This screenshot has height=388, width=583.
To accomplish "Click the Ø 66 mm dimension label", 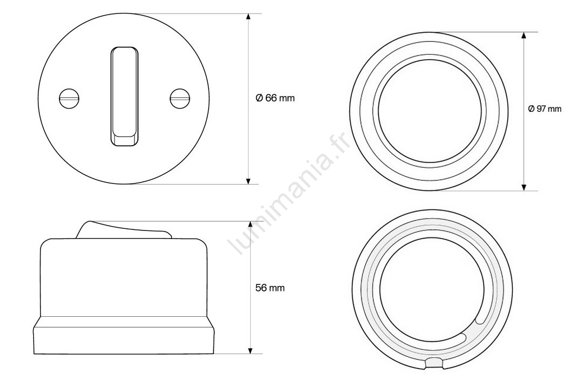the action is click(x=275, y=98).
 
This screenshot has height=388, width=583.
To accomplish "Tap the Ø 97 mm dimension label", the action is click(x=545, y=109).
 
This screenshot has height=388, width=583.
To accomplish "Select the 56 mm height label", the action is click(x=270, y=288).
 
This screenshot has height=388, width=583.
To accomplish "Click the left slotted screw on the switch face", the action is click(x=70, y=98).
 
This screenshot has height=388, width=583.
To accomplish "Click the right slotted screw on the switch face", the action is click(x=180, y=98).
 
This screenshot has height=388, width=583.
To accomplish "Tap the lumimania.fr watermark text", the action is click(x=290, y=193).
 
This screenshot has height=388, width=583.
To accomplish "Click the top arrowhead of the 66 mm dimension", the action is click(x=249, y=17).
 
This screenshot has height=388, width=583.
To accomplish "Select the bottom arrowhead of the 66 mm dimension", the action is click(x=249, y=180).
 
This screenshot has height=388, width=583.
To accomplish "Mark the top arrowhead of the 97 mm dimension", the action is click(x=524, y=36).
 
